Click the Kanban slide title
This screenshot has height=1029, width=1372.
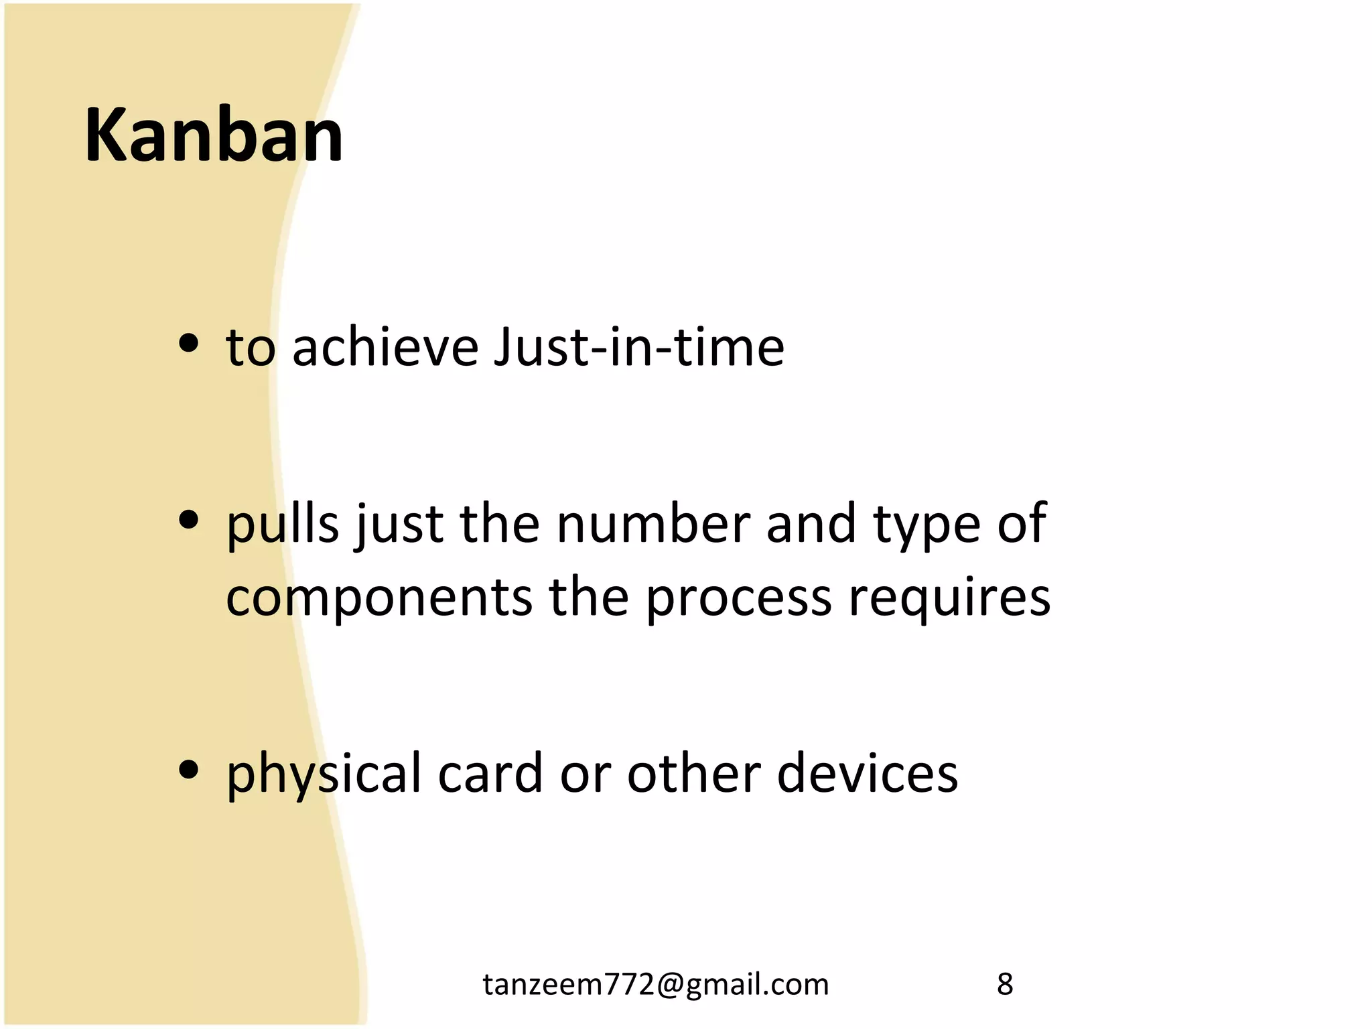click(214, 136)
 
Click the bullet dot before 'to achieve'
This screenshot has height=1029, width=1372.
click(189, 344)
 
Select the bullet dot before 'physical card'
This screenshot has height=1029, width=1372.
click(189, 770)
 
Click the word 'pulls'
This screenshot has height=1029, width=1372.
click(283, 525)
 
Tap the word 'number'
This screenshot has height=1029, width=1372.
click(653, 525)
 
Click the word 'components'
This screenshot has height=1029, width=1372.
click(379, 598)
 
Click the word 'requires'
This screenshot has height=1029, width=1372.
click(949, 598)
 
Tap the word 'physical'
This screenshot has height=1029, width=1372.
click(324, 774)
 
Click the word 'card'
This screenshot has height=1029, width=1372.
click(490, 774)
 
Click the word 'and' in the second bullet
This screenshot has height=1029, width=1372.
click(811, 525)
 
